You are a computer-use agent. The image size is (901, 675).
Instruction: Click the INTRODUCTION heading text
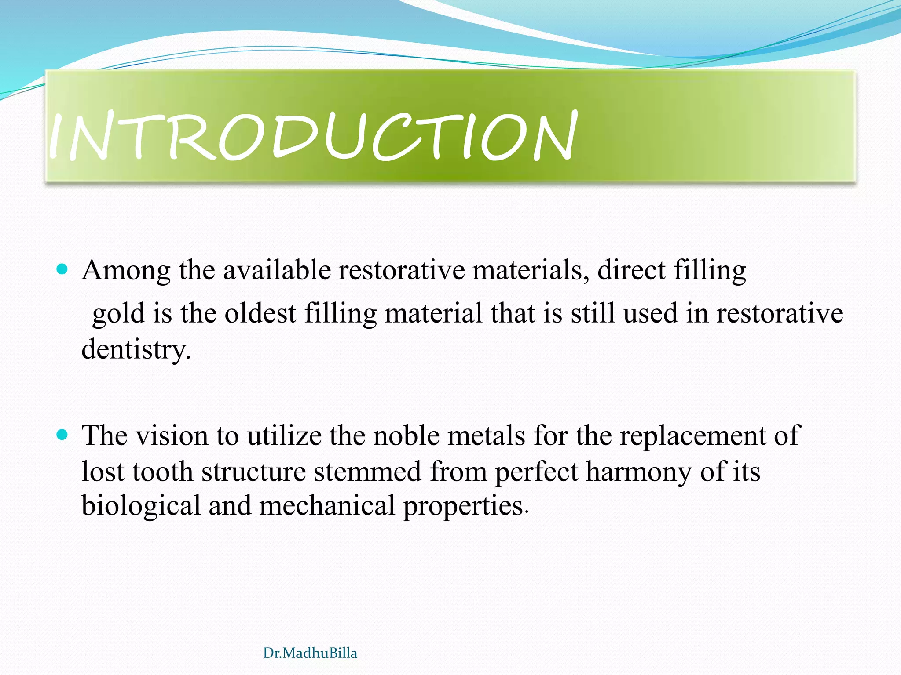[312, 135]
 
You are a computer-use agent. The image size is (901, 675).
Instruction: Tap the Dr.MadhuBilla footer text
[310, 653]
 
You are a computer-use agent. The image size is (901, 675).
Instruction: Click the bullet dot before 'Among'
[62, 269]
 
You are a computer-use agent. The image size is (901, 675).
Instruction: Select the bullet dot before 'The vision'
[62, 435]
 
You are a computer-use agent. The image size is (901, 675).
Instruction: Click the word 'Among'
[126, 271]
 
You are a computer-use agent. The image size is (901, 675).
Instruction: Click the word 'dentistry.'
[136, 350]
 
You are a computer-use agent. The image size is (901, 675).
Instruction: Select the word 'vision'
[171, 436]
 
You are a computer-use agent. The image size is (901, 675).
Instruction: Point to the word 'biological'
[141, 506]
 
